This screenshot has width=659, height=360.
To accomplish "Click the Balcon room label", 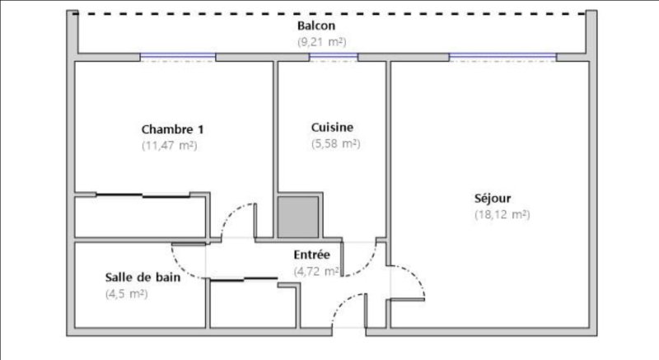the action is pyautogui.click(x=316, y=26).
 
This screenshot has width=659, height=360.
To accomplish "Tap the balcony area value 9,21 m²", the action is pyautogui.click(x=322, y=42).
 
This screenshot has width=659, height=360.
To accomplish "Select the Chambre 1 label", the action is pyautogui.click(x=172, y=129).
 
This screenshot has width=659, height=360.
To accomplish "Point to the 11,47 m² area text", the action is pyautogui.click(x=170, y=146).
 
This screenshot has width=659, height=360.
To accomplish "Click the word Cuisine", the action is pyautogui.click(x=332, y=128).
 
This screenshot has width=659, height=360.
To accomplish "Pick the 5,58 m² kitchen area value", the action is pyautogui.click(x=336, y=143).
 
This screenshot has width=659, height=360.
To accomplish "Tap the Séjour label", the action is pyautogui.click(x=493, y=199).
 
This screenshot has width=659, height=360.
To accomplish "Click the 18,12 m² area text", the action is pyautogui.click(x=502, y=215).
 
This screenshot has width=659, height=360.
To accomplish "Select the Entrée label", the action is pyautogui.click(x=311, y=255).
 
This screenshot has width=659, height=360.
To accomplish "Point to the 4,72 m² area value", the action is pyautogui.click(x=316, y=271).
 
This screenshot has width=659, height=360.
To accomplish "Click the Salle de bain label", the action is pyautogui.click(x=143, y=278).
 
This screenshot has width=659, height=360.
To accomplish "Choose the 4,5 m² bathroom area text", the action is pyautogui.click(x=126, y=293).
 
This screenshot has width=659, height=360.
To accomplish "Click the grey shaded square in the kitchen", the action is pyautogui.click(x=298, y=217).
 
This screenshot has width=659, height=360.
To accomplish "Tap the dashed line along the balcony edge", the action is pyautogui.click(x=329, y=13).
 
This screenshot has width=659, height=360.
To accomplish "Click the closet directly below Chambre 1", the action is pyautogui.click(x=140, y=217).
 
